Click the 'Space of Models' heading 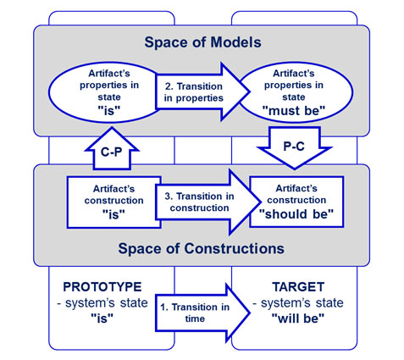(x=202, y=42)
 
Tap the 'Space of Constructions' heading (x=201, y=249)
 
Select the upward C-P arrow (x=112, y=149)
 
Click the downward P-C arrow (x=294, y=147)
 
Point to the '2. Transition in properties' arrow (x=202, y=91)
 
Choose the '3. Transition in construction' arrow (x=208, y=202)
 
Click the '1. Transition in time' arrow (x=202, y=313)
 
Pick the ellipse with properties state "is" (x=105, y=92)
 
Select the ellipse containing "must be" (x=295, y=92)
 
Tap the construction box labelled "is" (x=113, y=202)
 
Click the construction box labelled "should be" (x=296, y=202)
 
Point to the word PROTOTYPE (x=102, y=287)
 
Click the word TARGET (x=298, y=287)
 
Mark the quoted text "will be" (x=298, y=318)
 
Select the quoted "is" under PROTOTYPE (x=102, y=318)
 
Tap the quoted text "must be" (x=294, y=111)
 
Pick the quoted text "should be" (x=296, y=214)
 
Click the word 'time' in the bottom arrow (x=195, y=318)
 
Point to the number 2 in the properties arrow (x=169, y=86)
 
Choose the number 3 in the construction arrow (x=169, y=197)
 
